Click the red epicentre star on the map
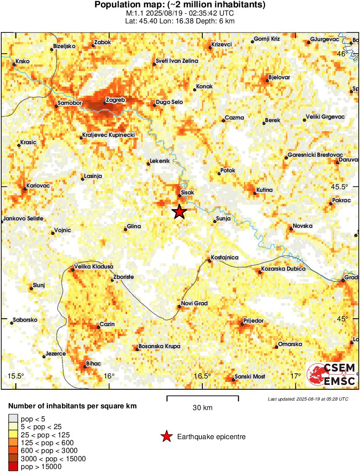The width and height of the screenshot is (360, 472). tap(179, 212)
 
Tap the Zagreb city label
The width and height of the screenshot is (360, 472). tap(115, 100)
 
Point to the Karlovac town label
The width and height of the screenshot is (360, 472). tap(38, 186)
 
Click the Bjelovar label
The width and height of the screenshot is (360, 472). tap(279, 77)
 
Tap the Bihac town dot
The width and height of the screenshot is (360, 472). tap(84, 367)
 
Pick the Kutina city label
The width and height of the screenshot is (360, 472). tap(264, 190)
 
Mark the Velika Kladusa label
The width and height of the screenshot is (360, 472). tap(94, 267)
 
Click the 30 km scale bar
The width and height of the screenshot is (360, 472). tap(202, 396)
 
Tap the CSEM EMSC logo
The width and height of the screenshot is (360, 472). tap(332, 375)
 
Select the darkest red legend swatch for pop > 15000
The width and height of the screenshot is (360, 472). tap(13, 466)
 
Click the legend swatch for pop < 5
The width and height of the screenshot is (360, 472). tap(13, 418)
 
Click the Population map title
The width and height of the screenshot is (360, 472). tap(180, 5)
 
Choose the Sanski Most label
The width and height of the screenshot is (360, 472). tap(250, 377)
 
